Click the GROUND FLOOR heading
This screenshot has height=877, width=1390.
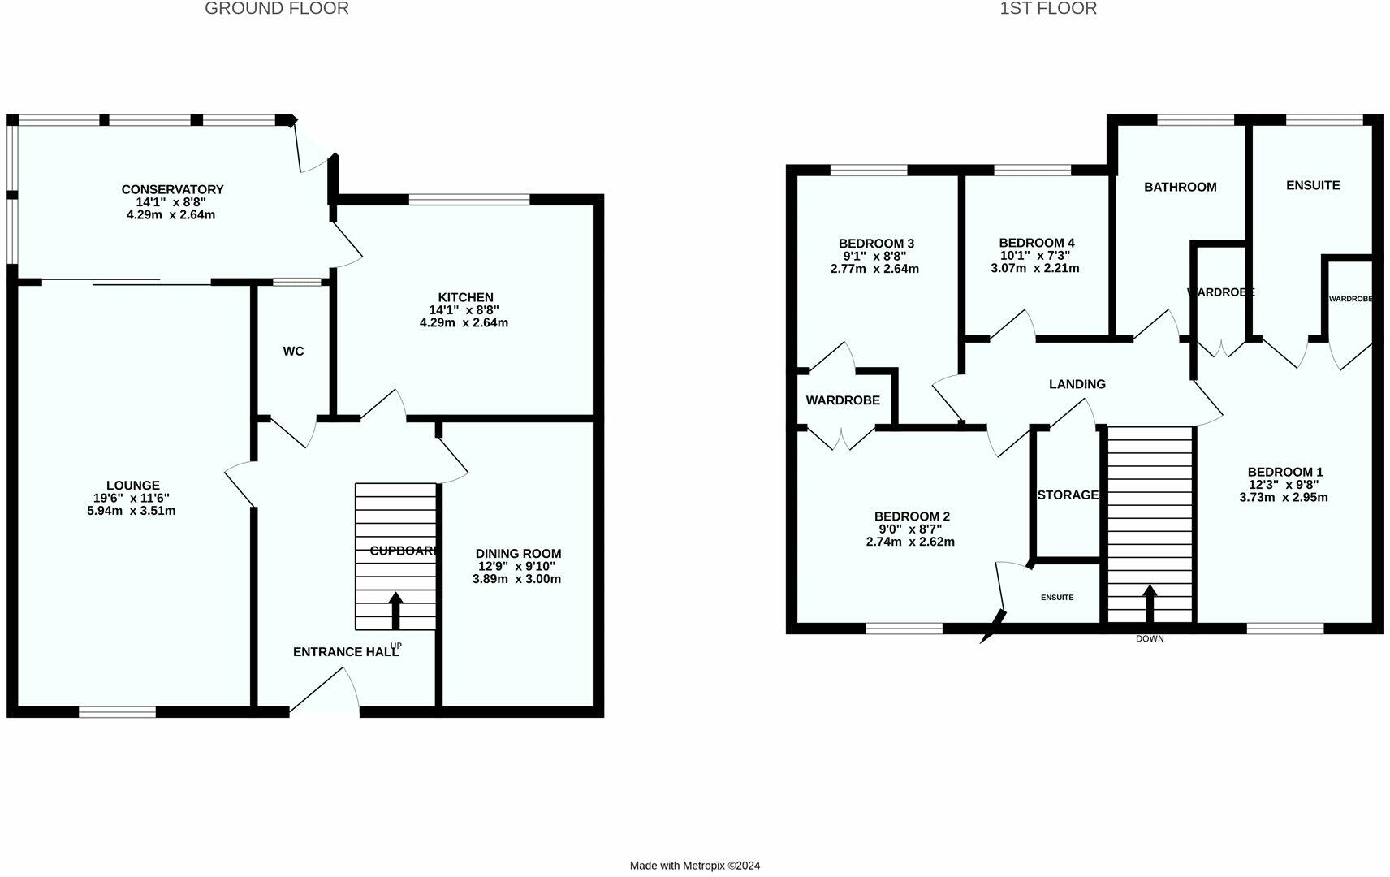tap(277, 9)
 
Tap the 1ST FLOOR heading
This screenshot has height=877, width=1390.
tap(1048, 9)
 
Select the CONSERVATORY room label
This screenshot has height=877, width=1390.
tap(172, 189)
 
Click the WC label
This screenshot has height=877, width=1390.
tap(293, 352)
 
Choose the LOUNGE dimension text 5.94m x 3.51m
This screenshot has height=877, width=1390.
tap(132, 511)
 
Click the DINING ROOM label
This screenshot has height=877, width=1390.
tap(518, 554)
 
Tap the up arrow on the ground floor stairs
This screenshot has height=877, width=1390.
tap(396, 610)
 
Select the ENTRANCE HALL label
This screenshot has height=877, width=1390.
tap(346, 651)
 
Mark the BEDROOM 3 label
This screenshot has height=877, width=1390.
tap(876, 244)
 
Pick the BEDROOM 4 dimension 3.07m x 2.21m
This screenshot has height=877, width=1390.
tap(1035, 268)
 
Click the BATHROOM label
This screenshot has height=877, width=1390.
tap(1180, 187)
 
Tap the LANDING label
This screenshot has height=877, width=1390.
tap(1077, 384)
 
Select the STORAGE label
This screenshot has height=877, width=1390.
tap(1068, 495)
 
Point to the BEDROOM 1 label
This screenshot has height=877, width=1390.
tap(1285, 472)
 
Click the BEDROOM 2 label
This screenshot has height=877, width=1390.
tap(912, 516)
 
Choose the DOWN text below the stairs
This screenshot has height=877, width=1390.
tap(1150, 639)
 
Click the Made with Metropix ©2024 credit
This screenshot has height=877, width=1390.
tap(695, 866)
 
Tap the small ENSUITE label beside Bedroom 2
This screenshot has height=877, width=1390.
tap(1057, 598)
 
